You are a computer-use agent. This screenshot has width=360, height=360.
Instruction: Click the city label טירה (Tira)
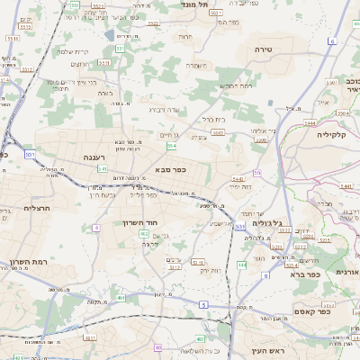point(264,48)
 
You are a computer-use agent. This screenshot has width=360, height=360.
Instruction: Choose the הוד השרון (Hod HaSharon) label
point(139,221)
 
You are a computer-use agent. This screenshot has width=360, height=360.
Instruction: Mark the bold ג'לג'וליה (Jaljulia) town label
point(267,223)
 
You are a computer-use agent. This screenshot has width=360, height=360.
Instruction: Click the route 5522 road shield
point(153,24)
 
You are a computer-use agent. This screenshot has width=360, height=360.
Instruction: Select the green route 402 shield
point(144,235)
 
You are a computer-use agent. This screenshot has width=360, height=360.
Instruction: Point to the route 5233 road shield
point(283,230)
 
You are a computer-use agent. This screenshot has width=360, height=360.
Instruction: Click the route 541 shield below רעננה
point(103,168)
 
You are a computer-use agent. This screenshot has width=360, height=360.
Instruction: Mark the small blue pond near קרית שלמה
point(110,36)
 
